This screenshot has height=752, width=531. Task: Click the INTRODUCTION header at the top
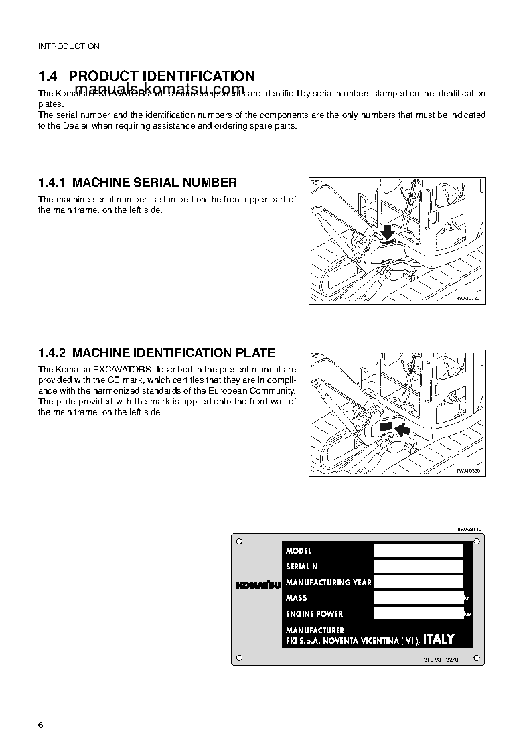coord(68,46)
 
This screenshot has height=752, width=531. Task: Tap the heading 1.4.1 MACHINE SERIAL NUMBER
coord(137,182)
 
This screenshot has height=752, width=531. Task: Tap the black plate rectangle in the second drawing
coord(385,425)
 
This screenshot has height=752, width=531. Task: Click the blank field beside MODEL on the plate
coord(419,550)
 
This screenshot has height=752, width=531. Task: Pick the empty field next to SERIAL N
coord(419,566)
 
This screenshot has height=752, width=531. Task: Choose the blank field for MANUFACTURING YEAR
coord(419,582)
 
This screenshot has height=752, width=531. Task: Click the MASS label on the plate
coord(297,598)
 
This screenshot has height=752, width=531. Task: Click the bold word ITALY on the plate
coord(439,640)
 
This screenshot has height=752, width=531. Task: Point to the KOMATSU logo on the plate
coord(257,584)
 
